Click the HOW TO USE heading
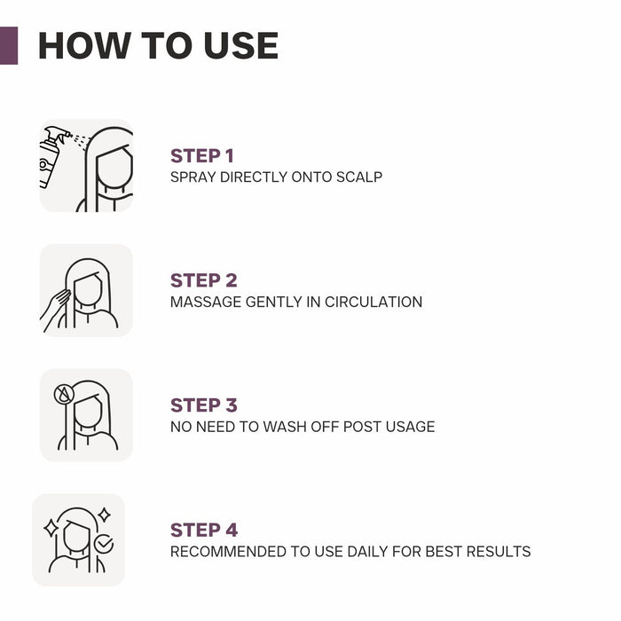(158, 46)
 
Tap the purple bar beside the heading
(8, 45)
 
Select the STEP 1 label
(201, 156)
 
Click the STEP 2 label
(203, 280)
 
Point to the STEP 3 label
(203, 405)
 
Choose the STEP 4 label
(203, 531)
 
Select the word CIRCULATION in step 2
(373, 303)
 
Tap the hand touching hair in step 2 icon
(55, 306)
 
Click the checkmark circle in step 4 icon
(105, 544)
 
